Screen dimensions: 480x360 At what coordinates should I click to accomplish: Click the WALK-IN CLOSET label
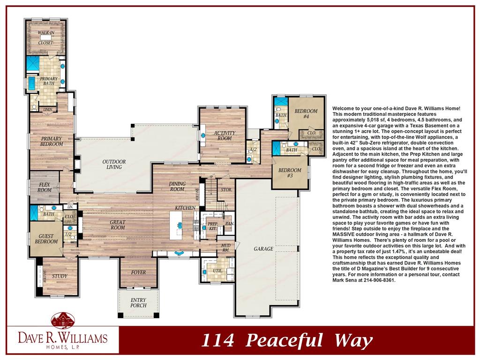point(45,37)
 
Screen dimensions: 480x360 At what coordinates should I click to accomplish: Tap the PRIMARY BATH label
point(49,81)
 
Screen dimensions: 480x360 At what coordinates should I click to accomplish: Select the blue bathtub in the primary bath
point(32,83)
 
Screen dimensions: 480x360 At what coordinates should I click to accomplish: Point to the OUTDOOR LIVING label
point(114,165)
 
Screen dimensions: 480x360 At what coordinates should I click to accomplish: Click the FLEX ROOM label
point(45,187)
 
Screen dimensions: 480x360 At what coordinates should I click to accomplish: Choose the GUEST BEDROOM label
point(46,239)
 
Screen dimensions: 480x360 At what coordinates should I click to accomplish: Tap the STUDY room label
point(60,276)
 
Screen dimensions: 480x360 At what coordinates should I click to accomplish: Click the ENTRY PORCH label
point(138,303)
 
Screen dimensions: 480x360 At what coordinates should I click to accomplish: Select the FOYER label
point(138,272)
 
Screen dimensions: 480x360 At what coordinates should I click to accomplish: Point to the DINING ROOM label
point(178,187)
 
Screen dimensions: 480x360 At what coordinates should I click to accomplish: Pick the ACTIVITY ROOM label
point(225,135)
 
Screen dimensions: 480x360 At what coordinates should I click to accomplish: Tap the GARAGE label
point(263,249)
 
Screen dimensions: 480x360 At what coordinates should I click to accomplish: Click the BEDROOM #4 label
point(306,113)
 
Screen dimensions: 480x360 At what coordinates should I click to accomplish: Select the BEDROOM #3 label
point(290,172)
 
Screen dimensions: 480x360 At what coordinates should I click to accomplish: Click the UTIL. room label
point(217,271)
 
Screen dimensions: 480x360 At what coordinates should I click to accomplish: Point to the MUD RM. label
point(225,247)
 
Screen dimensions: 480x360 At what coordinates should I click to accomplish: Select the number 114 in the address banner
point(217,340)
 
